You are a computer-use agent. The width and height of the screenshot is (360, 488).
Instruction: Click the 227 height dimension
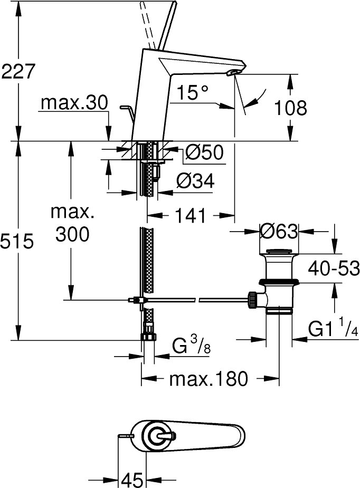[x=17, y=72]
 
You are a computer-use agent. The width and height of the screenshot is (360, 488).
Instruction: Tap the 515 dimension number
[x=17, y=241]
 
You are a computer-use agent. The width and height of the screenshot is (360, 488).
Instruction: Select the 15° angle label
[x=192, y=92]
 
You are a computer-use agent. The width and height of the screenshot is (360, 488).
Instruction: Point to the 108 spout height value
[x=290, y=108]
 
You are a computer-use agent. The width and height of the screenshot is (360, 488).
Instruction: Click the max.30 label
[x=74, y=102]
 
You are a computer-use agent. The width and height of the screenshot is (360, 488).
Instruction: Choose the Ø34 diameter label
[x=195, y=181]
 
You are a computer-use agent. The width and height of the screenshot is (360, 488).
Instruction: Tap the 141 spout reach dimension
[x=191, y=216]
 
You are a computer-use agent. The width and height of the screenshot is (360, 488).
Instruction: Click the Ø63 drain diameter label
[x=279, y=232]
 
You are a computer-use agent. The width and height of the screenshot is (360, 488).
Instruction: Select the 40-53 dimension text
[x=334, y=269]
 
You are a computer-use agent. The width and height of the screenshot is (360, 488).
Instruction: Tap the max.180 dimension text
[x=209, y=379]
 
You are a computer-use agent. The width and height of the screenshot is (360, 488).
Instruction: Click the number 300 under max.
[x=72, y=234]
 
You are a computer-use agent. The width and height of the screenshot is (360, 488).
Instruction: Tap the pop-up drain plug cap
[x=279, y=251]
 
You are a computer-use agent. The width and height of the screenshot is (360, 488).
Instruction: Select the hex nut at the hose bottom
[x=149, y=337]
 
